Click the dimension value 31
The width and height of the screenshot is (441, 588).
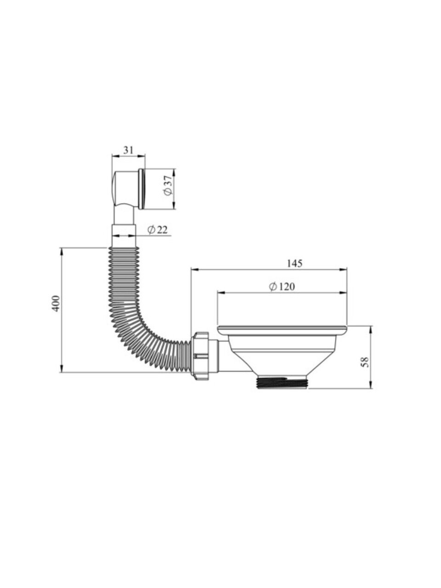coord(128,150)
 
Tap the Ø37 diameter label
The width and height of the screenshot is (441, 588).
coord(168,186)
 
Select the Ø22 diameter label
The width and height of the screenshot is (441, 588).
coord(158,230)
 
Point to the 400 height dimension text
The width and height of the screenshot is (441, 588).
coord(56,303)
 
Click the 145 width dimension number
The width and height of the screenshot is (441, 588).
coord(294,264)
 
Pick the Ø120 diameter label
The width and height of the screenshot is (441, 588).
coord(282,287)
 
